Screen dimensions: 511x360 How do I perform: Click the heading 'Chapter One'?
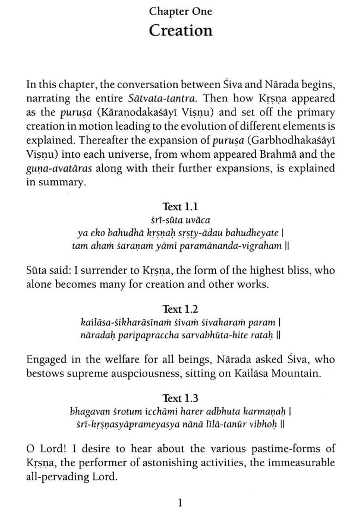(x=180, y=11)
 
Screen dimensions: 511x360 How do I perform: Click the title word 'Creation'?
(x=180, y=30)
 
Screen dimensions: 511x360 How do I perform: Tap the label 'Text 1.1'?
(x=180, y=207)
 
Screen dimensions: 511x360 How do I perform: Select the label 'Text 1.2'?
(x=180, y=309)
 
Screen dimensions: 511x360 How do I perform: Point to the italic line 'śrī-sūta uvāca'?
(x=180, y=220)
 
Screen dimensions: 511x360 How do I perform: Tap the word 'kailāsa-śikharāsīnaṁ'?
(x=121, y=322)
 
